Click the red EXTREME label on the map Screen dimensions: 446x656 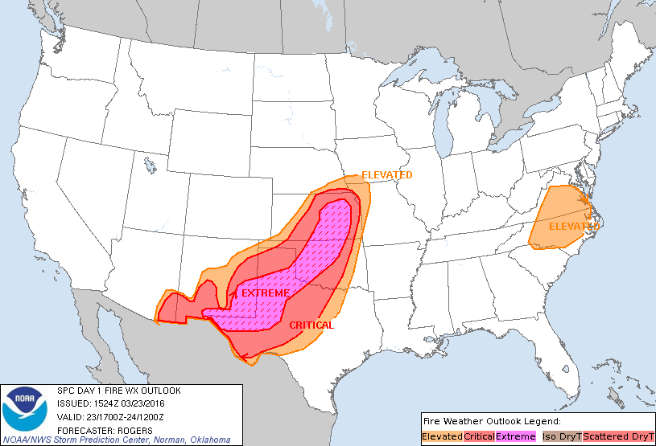[265, 293]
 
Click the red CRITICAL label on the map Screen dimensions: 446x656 [311, 325]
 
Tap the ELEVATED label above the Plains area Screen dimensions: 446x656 [386, 175]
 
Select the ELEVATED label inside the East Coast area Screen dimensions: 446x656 [574, 227]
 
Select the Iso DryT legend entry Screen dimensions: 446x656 [561, 436]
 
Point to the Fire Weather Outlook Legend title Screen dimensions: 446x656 [491, 421]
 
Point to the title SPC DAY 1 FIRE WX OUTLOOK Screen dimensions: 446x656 [118, 391]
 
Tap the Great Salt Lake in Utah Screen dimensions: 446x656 [150, 166]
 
